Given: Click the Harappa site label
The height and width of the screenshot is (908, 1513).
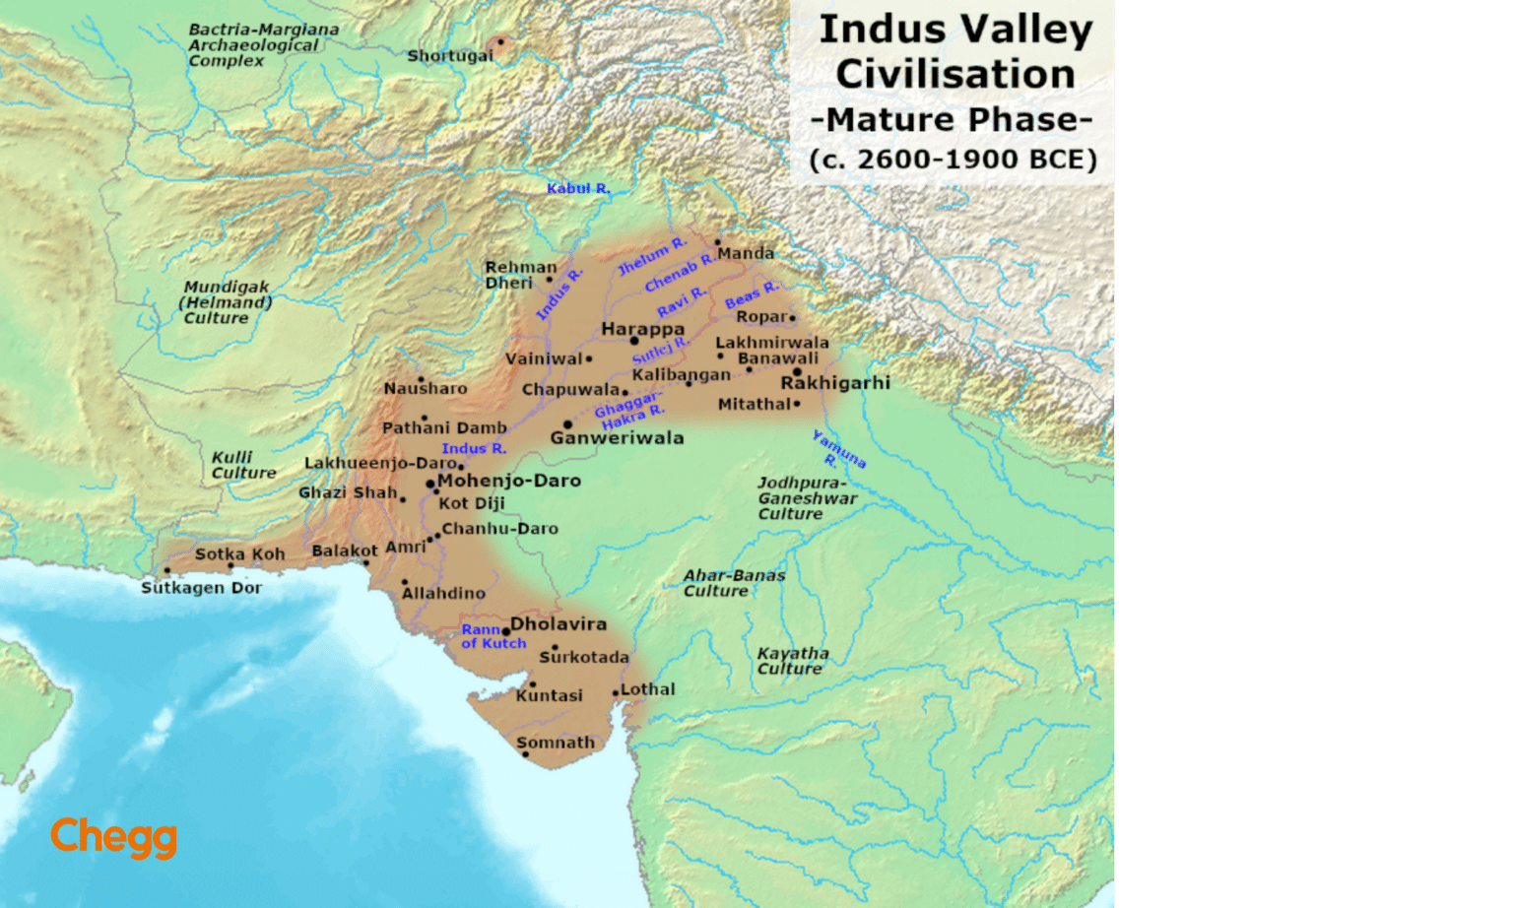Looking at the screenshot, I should [x=642, y=329].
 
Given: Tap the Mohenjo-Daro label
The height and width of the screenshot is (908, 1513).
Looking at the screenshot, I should [x=509, y=481].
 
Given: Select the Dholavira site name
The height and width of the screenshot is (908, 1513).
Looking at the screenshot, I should [x=559, y=623].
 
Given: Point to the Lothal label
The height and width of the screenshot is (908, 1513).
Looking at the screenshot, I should [x=648, y=689].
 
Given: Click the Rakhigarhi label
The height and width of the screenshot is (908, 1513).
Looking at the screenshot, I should [x=835, y=382].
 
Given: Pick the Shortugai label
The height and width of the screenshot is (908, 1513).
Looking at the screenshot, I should [x=450, y=56].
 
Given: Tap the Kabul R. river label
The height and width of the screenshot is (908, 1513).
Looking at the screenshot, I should [x=578, y=188].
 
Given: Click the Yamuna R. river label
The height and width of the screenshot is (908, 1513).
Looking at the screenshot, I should [x=838, y=451].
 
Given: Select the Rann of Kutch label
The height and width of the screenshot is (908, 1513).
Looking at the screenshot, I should [x=493, y=636].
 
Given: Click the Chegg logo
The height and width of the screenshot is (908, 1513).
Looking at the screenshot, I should [x=113, y=837].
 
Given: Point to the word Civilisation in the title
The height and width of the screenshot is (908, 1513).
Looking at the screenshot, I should [x=954, y=75].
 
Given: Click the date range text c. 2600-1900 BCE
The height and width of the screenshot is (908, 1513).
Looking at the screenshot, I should [x=953, y=160].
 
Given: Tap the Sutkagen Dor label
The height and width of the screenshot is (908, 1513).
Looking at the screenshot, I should [x=201, y=588].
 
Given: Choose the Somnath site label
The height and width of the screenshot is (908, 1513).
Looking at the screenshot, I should [x=556, y=743].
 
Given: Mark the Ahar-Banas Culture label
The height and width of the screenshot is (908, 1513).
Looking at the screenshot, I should [x=734, y=583].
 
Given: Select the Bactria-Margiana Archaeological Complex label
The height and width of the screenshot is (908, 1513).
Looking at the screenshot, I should [x=263, y=45].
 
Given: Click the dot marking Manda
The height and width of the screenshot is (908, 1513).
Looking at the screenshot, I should [x=717, y=241].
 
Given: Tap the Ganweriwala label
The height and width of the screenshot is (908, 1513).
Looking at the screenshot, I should [x=617, y=437].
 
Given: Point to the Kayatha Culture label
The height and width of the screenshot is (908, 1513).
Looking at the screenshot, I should [x=792, y=661].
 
